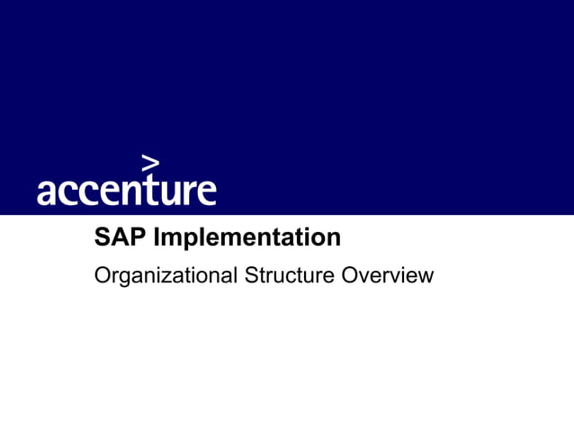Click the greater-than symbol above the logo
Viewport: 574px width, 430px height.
point(151,163)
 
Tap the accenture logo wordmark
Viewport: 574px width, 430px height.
point(126,190)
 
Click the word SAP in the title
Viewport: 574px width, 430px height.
point(121,238)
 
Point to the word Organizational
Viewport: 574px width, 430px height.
point(166,275)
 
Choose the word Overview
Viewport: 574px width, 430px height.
point(388,274)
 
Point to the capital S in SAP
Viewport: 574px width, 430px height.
point(103,238)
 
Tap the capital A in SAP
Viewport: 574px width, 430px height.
point(120,238)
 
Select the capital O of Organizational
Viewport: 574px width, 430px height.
point(103,274)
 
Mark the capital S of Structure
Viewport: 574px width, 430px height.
point(251,274)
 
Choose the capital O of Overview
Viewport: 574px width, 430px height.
point(351,274)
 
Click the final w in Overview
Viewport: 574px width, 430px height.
point(426,276)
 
